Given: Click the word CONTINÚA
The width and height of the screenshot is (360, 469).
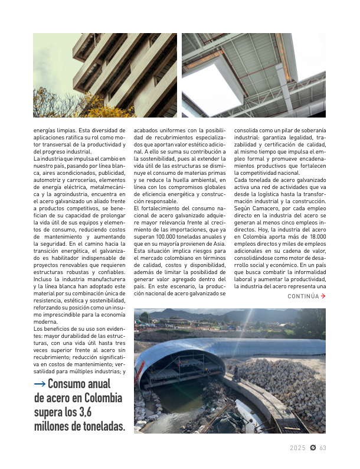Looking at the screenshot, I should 303,296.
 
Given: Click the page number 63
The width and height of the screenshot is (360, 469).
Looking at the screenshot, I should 323,448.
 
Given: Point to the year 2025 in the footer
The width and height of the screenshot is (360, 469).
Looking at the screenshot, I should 297,448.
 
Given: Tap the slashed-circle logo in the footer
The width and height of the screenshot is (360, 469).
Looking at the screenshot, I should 313,448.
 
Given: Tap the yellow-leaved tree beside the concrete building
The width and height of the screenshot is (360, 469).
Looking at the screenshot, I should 59,103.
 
